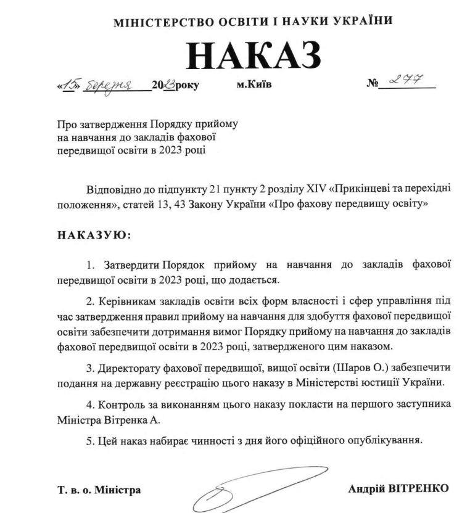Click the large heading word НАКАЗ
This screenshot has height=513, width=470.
point(254,56)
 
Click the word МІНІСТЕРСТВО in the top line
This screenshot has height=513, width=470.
point(157,22)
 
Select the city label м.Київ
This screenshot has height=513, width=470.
point(254,84)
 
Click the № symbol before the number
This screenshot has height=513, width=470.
point(372,83)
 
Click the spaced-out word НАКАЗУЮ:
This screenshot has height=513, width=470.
point(94,235)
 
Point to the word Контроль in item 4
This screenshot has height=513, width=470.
point(122,404)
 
